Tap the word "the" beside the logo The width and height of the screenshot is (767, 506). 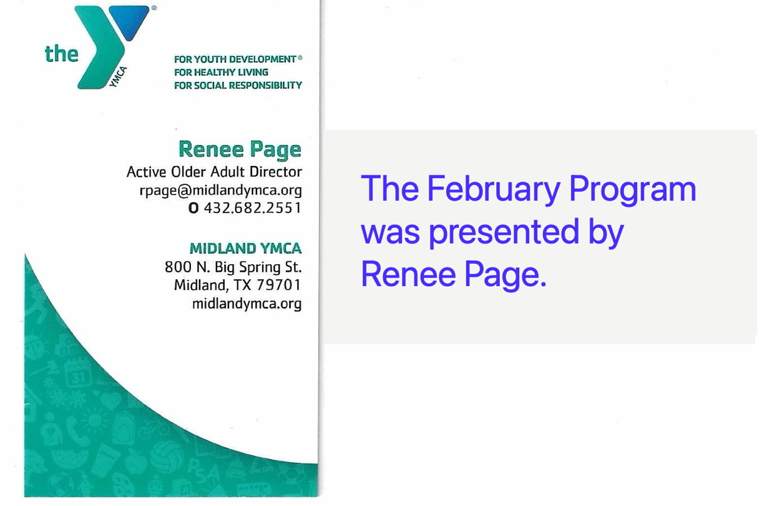click(x=62, y=54)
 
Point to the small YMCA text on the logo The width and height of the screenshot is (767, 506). click(x=118, y=77)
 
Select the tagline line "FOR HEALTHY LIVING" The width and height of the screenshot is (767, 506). click(x=221, y=72)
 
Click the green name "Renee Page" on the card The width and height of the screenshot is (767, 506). click(x=240, y=150)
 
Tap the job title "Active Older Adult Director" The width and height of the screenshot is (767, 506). click(x=214, y=172)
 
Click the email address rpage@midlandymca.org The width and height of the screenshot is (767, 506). click(x=221, y=191)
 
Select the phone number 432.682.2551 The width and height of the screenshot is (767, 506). click(x=253, y=208)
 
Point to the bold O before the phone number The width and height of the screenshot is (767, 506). click(x=193, y=208)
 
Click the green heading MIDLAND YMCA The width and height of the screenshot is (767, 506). click(x=245, y=248)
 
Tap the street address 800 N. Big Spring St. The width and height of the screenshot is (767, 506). click(x=233, y=267)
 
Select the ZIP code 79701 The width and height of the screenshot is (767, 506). click(x=279, y=285)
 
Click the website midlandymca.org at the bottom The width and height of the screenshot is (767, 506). click(x=247, y=304)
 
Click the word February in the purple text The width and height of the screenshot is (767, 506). click(x=494, y=189)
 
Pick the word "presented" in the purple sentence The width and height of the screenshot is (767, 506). click(x=504, y=232)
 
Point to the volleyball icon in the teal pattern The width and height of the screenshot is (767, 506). click(x=169, y=456)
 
